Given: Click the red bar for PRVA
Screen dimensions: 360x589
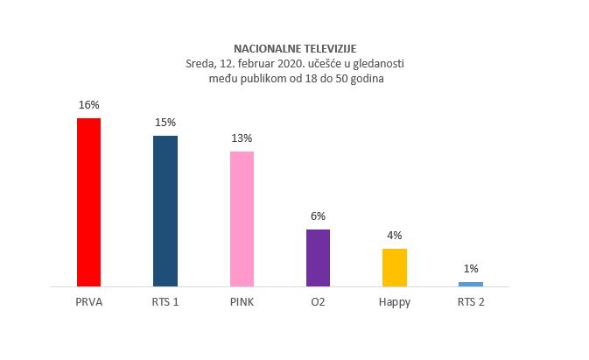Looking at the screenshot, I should coord(88,202).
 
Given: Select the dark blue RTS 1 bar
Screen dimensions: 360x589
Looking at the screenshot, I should coord(165,211).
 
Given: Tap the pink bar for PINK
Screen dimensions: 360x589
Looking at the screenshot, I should coord(242,219).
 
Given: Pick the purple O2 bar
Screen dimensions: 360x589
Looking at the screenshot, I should coord(318,258).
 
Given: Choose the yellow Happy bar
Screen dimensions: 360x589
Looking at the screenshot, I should coord(395,267).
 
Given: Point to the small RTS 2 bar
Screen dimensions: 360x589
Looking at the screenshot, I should coord(471,284).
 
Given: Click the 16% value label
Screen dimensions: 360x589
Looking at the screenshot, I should coord(88,104).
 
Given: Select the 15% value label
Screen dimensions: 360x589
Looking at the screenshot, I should coord(165,122).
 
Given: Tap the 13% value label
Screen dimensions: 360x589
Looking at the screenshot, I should coord(242,138).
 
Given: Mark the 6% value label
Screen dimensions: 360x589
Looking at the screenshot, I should coord(318,215).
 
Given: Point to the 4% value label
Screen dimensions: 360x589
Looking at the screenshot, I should coord(395,235).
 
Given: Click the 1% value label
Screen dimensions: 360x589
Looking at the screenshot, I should coord(471,269).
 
